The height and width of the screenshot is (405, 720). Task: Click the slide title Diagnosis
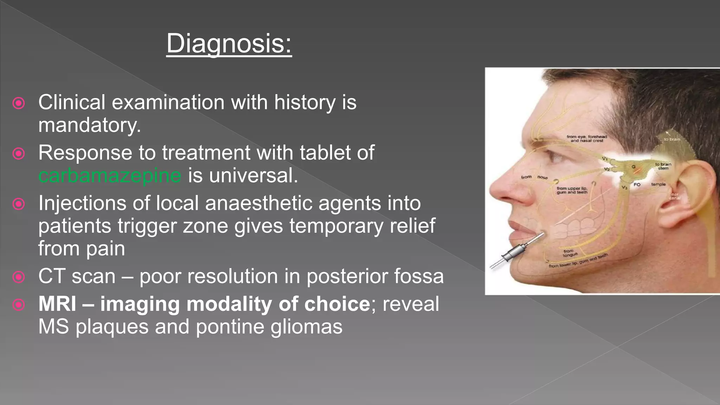229,43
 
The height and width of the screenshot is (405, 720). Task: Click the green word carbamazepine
110,175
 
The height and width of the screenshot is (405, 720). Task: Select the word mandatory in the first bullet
89,125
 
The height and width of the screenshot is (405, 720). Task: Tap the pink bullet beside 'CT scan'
19,277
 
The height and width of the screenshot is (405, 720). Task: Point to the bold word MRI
57,304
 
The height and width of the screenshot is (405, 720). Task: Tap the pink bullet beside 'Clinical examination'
19,103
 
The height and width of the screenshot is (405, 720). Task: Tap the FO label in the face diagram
637,185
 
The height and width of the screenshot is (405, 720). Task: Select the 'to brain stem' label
663,166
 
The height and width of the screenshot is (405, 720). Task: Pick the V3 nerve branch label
624,187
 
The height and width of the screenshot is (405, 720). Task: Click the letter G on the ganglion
634,167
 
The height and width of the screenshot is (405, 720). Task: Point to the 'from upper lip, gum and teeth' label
572,190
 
